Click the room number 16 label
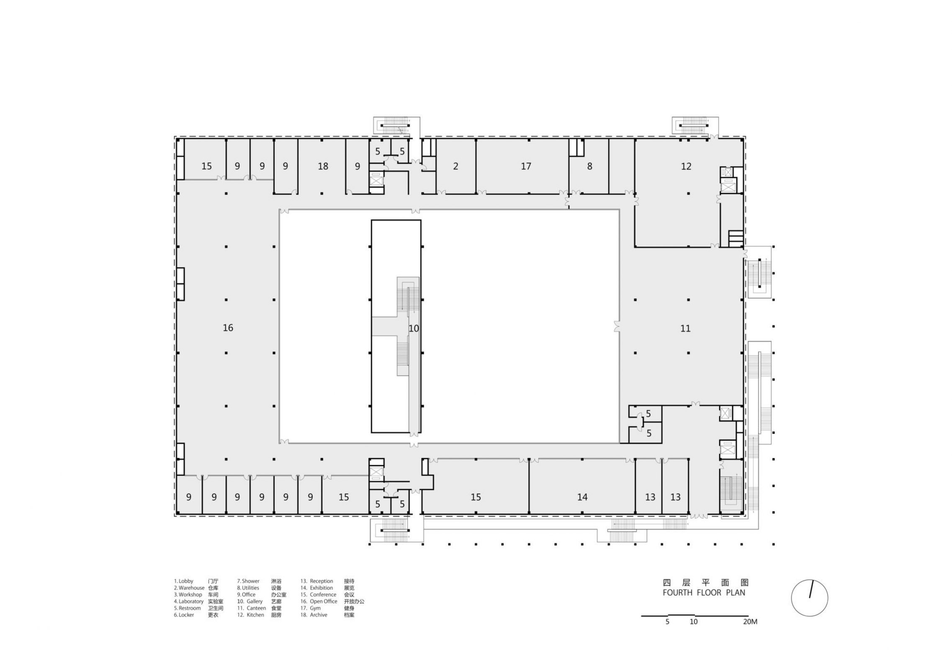tap(228, 328)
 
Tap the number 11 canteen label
tap(685, 329)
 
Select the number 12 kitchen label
tap(686, 167)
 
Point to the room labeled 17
tap(526, 167)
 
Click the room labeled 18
tap(323, 167)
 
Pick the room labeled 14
tap(582, 497)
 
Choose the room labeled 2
tap(455, 167)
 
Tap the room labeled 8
tap(589, 167)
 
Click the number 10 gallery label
tap(414, 329)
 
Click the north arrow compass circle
tap(809, 598)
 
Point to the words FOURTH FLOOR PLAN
tap(704, 593)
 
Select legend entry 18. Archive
tap(314, 615)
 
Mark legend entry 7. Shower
tap(248, 581)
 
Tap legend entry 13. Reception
tap(317, 581)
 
